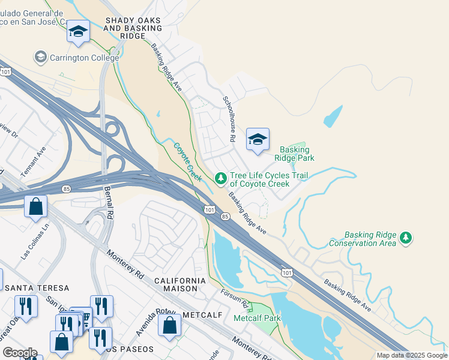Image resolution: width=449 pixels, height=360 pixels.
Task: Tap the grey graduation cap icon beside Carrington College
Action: [x=41, y=58]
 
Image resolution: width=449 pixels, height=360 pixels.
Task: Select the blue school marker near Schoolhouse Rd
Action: [x=258, y=140]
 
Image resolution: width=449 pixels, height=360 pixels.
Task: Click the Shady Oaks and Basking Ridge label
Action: [x=133, y=28]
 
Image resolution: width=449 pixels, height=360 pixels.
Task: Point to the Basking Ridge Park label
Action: [x=294, y=154]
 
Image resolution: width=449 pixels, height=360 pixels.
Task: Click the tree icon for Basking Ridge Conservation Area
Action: [x=406, y=238]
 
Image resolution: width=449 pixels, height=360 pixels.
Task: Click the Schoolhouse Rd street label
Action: [x=228, y=119]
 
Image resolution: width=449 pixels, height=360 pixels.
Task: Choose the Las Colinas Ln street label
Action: [x=35, y=242]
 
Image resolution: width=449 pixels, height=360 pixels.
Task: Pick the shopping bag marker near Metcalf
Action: [x=170, y=325]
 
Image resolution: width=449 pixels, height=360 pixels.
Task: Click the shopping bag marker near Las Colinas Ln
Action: [x=36, y=207]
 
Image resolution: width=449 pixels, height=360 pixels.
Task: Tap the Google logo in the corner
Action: [x=20, y=353]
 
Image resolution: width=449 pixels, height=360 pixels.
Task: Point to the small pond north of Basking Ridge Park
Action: [x=334, y=116]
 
